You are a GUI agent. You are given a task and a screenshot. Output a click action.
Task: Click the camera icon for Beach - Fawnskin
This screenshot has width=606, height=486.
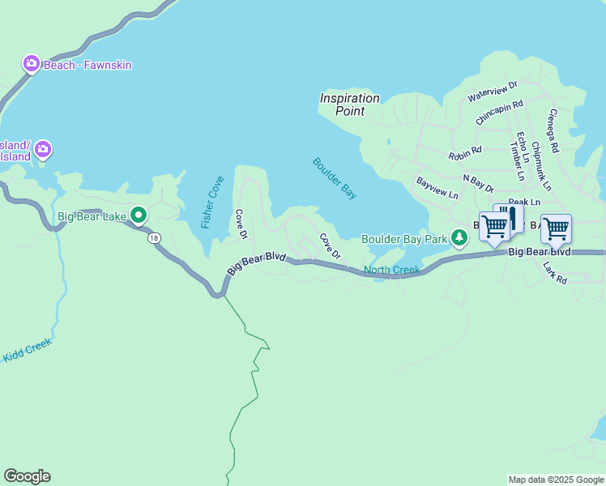coord(32,63)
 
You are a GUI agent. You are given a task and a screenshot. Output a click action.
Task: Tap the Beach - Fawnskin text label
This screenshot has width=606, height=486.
coord(87,65)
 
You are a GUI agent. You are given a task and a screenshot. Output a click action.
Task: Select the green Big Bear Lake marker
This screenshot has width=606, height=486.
coord(139,215)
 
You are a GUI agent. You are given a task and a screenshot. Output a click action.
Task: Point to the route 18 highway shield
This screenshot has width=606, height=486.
coord(153,237)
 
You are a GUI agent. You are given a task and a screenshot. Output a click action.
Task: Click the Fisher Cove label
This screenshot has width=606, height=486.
coord(213,202)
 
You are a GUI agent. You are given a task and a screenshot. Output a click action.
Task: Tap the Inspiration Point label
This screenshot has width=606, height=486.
coord(349,104)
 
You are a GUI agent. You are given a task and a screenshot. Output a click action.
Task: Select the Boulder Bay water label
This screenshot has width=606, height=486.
coord(335,178)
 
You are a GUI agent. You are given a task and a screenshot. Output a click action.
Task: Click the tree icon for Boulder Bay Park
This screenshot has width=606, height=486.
coord(460,237)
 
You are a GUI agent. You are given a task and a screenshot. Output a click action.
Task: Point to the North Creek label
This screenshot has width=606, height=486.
coord(392,270)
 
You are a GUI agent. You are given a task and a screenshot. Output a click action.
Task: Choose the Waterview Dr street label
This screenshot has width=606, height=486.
coord(493,92)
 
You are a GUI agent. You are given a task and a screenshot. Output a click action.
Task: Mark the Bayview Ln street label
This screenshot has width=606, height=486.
coord(437,190)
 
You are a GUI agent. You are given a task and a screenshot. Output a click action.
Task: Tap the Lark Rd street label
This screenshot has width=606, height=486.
coord(555,271)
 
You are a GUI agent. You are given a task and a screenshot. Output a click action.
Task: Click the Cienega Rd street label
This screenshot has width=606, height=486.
coord(554,131)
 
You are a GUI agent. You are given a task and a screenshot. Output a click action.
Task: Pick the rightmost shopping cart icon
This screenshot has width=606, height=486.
coord(556,229)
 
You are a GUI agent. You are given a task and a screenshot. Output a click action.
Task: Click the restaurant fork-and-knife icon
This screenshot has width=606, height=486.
coord(510,216)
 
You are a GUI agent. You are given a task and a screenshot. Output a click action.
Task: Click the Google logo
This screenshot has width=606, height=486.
coord(27,476)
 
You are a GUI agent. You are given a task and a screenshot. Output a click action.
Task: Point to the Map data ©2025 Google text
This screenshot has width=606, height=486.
coord(556,480)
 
